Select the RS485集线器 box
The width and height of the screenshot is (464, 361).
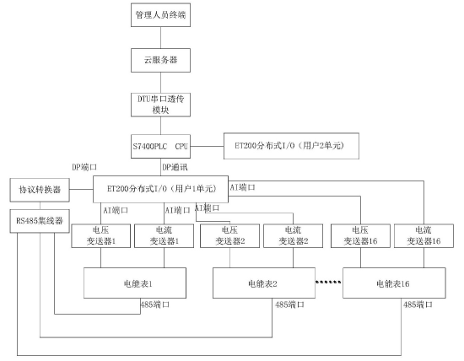pos(35,221)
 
